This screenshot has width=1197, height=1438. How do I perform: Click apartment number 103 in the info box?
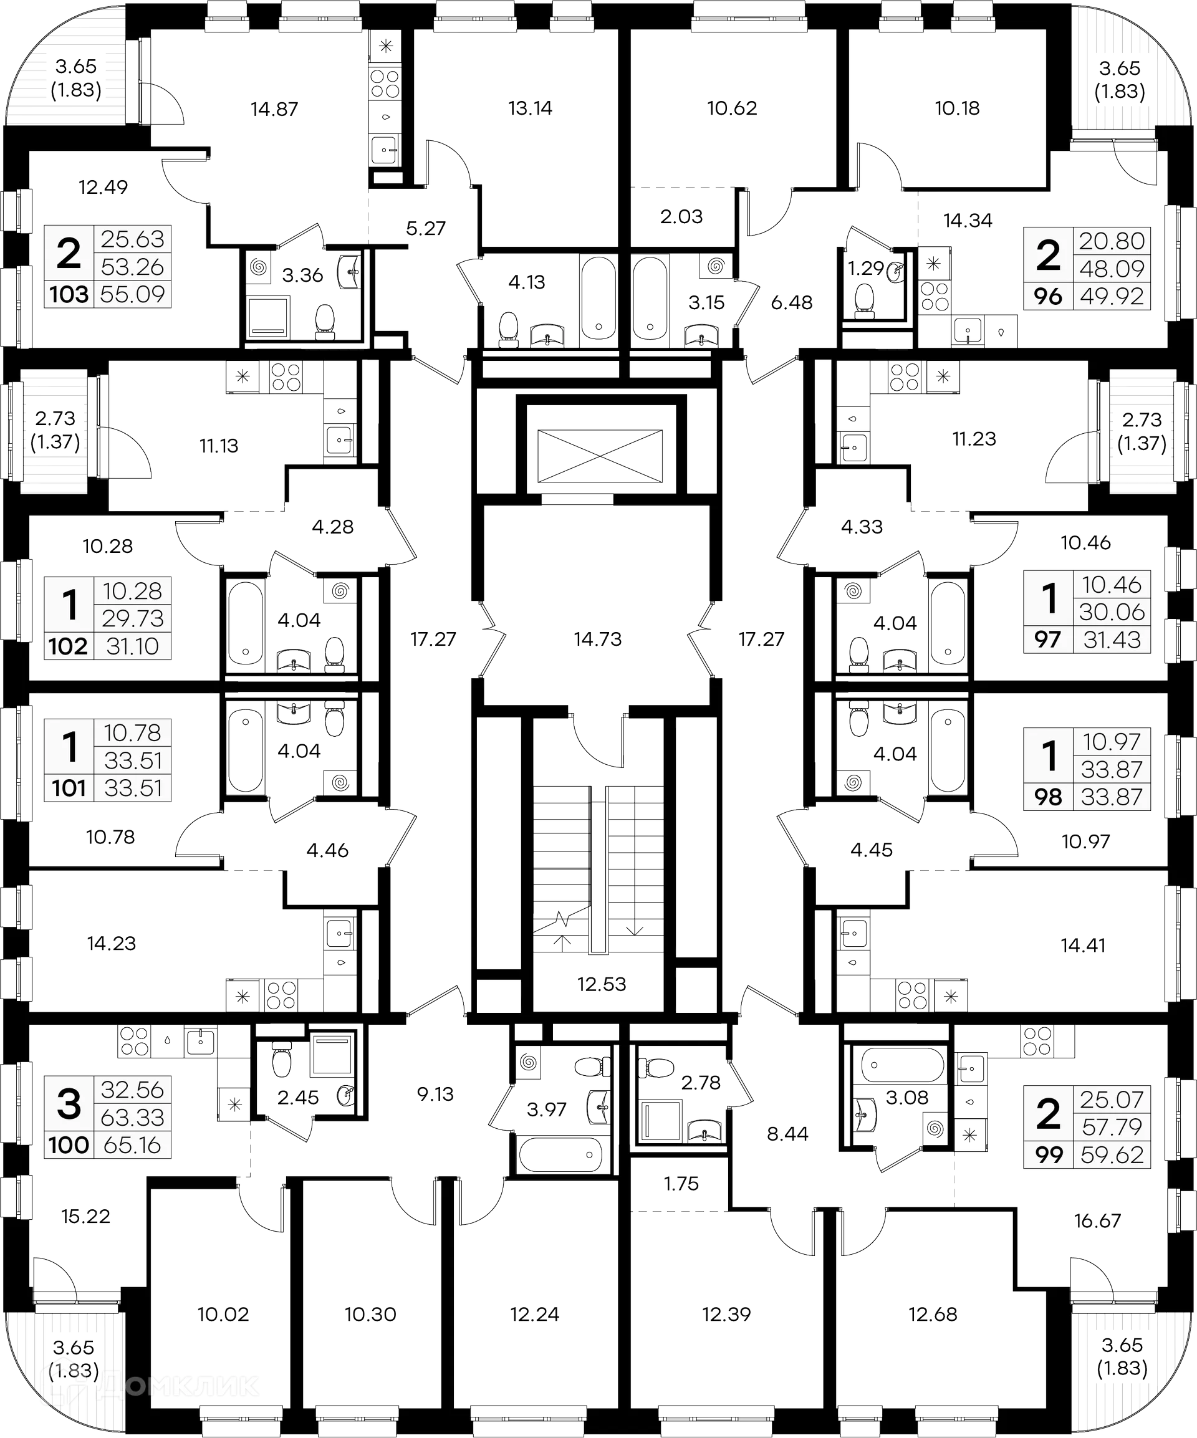[69, 294]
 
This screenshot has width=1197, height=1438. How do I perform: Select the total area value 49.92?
[1112, 297]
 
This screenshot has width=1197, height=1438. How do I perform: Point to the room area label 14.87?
[274, 109]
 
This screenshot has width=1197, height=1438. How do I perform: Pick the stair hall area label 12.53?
[601, 985]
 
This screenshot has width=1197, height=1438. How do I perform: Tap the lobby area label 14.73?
[598, 639]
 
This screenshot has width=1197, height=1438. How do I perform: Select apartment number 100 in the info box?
[69, 1145]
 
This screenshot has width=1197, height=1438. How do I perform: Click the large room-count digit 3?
[69, 1104]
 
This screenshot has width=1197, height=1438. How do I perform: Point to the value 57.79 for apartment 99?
[1112, 1126]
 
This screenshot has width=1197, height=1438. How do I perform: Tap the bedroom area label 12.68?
[932, 1314]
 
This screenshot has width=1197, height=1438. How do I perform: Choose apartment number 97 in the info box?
[1049, 640]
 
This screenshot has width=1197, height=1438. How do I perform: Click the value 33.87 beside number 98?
[1112, 797]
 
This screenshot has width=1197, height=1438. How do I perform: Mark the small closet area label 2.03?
[681, 217]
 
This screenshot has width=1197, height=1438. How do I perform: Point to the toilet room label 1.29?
[865, 268]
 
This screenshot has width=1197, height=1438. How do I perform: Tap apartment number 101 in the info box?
[69, 788]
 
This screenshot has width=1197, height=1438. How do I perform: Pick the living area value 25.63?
[133, 239]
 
